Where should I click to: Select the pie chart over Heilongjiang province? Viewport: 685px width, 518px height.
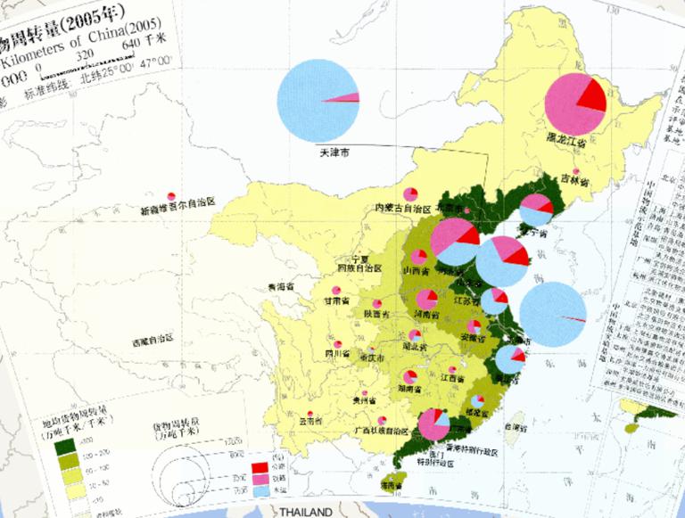575,105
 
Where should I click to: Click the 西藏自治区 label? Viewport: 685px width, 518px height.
153,341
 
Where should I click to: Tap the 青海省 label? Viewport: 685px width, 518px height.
282,287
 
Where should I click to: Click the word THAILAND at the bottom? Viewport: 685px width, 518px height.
305,513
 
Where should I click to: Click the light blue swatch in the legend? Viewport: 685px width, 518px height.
260,489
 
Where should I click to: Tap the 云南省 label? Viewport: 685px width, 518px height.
309,421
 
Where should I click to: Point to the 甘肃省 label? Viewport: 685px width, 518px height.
338,301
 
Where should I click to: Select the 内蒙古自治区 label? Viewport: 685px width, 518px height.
402,208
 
